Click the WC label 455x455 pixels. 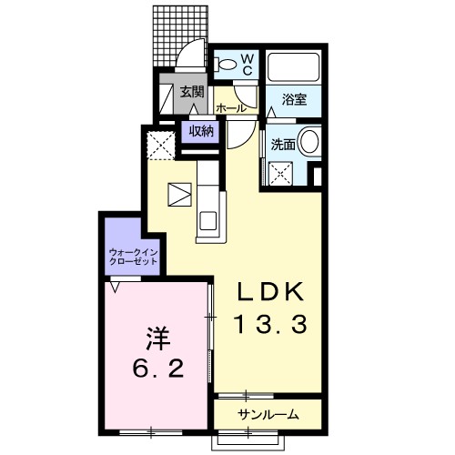(x=248, y=64)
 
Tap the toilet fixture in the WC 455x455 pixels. (x=226, y=65)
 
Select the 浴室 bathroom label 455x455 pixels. (x=294, y=99)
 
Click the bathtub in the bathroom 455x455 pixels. (x=294, y=67)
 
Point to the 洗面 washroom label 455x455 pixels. (x=283, y=145)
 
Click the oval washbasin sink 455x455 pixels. (x=309, y=141)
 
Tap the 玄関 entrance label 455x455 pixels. (x=192, y=92)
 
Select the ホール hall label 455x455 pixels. (x=231, y=107)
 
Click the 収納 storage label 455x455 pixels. (x=201, y=131)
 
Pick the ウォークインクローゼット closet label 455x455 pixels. (x=133, y=257)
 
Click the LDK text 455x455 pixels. (x=270, y=292)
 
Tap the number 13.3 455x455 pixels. (x=271, y=324)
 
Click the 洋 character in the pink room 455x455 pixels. (x=157, y=339)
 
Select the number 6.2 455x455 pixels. (x=158, y=368)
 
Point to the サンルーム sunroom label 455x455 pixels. (x=268, y=414)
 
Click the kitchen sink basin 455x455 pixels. (x=207, y=220)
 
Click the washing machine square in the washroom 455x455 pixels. (x=281, y=173)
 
